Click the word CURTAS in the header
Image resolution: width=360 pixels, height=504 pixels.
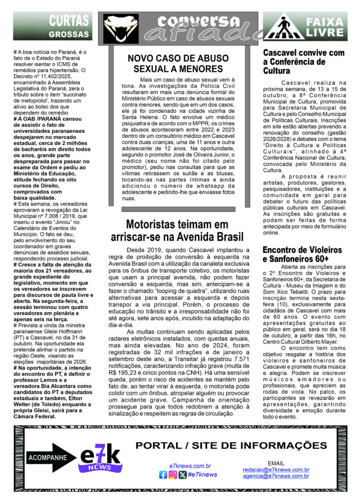(x=69, y=20)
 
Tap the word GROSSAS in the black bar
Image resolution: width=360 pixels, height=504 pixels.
(x=69, y=34)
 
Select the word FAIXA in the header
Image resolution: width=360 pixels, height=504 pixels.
(x=325, y=22)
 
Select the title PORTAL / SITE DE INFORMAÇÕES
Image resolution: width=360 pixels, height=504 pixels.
(x=231, y=446)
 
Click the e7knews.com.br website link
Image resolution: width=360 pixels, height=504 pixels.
(x=190, y=466)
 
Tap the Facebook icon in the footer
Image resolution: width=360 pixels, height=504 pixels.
(x=163, y=475)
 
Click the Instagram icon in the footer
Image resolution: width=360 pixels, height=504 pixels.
(x=173, y=475)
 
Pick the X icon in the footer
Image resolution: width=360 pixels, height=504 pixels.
(x=182, y=475)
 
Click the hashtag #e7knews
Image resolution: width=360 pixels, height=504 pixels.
(x=203, y=475)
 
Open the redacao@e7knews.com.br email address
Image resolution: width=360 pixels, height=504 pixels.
(x=276, y=470)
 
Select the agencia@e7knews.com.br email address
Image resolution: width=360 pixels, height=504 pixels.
(x=276, y=476)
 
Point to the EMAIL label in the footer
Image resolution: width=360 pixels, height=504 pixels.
(x=275, y=463)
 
